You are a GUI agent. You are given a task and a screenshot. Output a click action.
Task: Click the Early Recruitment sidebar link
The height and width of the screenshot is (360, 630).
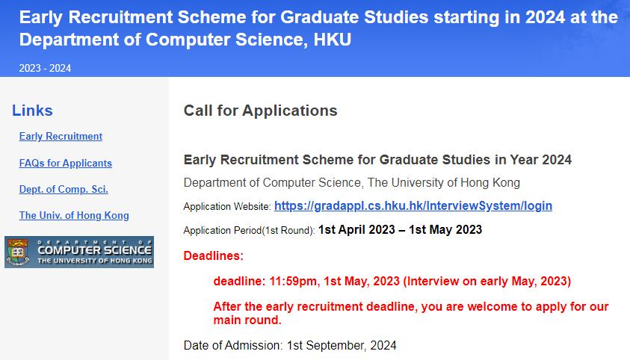[61, 137]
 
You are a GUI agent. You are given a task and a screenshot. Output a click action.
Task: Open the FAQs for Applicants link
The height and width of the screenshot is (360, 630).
[66, 163]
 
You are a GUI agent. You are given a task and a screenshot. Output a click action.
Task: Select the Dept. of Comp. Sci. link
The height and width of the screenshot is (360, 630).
[64, 189]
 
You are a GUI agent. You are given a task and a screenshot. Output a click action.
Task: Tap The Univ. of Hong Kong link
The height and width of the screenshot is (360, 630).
[74, 216]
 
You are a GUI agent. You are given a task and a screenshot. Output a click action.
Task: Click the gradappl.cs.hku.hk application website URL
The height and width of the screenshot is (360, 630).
[413, 206]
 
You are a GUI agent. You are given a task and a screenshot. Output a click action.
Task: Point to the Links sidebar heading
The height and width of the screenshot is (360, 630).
[32, 111]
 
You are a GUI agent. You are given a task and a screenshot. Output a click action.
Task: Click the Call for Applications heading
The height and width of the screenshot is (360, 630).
[260, 111]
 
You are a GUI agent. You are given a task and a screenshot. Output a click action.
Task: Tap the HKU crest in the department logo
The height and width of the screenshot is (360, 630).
[17, 252]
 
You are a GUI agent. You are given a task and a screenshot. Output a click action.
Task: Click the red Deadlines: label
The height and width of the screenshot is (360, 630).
[213, 255]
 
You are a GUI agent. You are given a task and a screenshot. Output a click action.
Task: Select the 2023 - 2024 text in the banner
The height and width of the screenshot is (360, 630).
[45, 68]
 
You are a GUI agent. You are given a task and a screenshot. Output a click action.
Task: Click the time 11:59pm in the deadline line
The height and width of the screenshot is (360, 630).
[293, 282]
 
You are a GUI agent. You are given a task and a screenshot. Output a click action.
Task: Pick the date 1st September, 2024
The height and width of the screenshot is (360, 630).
[342, 346]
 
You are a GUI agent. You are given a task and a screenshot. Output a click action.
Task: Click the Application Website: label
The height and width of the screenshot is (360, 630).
[227, 207]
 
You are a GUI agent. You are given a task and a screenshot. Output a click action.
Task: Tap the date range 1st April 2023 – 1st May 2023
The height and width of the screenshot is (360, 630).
[400, 229]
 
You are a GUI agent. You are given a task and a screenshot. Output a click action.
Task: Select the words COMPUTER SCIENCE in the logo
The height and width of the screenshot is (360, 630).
[94, 250]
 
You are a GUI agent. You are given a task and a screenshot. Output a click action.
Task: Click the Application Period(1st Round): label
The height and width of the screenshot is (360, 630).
[249, 231]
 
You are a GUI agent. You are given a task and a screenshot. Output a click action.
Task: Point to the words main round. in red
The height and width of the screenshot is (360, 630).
[247, 320]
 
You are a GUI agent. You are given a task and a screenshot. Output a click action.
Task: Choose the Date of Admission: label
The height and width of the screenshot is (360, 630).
[233, 346]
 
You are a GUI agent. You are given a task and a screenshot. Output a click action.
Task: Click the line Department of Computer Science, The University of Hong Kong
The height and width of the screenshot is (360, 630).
[352, 183]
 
